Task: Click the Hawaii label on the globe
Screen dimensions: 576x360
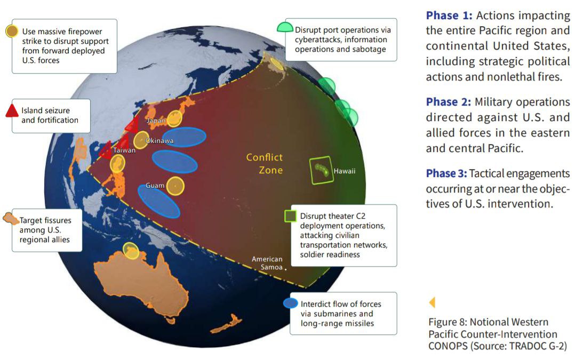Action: [x=344, y=171]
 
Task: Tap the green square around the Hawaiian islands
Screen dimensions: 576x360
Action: [x=311, y=171]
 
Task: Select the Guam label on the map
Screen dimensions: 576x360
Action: [x=155, y=186]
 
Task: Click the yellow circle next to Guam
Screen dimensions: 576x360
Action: [x=175, y=186]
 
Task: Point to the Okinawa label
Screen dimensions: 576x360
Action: [x=159, y=141]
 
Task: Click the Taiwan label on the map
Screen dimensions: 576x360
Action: [x=124, y=150]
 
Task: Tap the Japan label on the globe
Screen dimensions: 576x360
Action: [x=156, y=120]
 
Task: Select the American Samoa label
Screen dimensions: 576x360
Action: [x=267, y=263]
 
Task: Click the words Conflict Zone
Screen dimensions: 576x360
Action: [x=265, y=164]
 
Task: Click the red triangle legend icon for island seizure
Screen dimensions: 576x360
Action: [x=12, y=111]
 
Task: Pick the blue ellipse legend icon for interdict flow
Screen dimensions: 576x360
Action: [x=291, y=303]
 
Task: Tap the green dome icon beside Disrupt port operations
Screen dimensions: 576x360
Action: [x=285, y=27]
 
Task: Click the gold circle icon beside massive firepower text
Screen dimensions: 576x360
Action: [x=12, y=31]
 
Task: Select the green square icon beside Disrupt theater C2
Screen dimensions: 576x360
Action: [x=291, y=216]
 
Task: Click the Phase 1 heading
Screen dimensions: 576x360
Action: [x=449, y=15]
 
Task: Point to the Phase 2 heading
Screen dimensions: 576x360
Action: [x=448, y=102]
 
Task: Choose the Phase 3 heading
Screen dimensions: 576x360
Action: [x=446, y=173]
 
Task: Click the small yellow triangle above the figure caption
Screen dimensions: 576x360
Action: [x=432, y=302]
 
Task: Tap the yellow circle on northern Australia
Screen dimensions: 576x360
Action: [x=131, y=251]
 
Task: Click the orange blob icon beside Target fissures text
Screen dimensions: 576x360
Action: [x=11, y=219]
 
